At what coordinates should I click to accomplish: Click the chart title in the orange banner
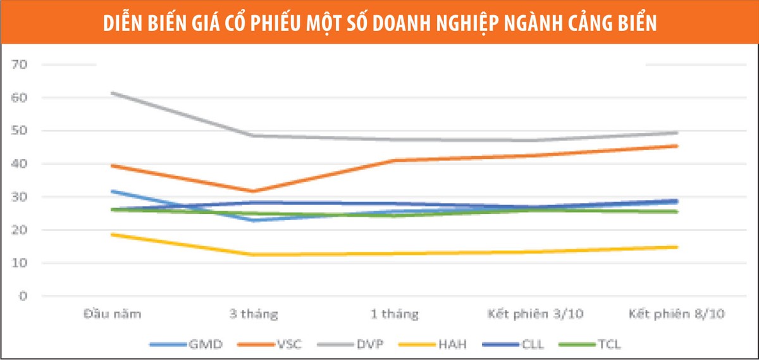click(x=379, y=22)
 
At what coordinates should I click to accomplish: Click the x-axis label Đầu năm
click(x=112, y=314)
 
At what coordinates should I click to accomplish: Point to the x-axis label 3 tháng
click(x=253, y=314)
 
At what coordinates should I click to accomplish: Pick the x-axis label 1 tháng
click(x=394, y=314)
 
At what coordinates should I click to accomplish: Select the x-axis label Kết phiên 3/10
click(x=535, y=314)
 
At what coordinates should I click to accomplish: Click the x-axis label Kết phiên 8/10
click(x=676, y=314)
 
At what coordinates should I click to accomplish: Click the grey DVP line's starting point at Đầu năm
click(x=113, y=93)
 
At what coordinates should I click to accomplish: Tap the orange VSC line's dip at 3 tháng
click(x=253, y=191)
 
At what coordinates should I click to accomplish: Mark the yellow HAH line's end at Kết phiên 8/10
click(x=676, y=247)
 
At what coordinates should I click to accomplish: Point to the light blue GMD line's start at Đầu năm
click(x=113, y=190)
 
